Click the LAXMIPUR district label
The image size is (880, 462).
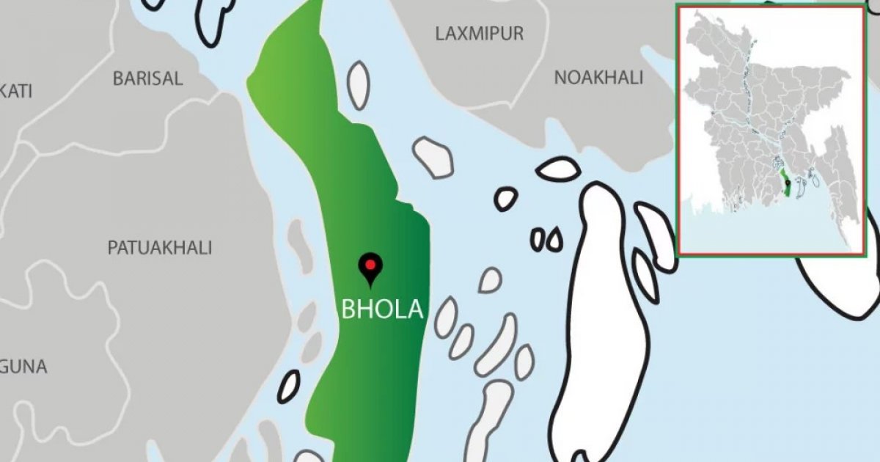480,34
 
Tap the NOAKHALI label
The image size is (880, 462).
598,78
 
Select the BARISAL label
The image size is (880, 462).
147,79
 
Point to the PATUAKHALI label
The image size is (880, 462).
160,248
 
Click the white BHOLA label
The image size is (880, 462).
382,309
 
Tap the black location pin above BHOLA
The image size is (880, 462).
370,268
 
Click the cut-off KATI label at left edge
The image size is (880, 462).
16,92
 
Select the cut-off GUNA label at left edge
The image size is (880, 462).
23,367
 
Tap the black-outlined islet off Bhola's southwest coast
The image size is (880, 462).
289,386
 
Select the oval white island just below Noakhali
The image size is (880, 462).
558,169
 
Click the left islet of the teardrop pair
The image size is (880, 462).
538,239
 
